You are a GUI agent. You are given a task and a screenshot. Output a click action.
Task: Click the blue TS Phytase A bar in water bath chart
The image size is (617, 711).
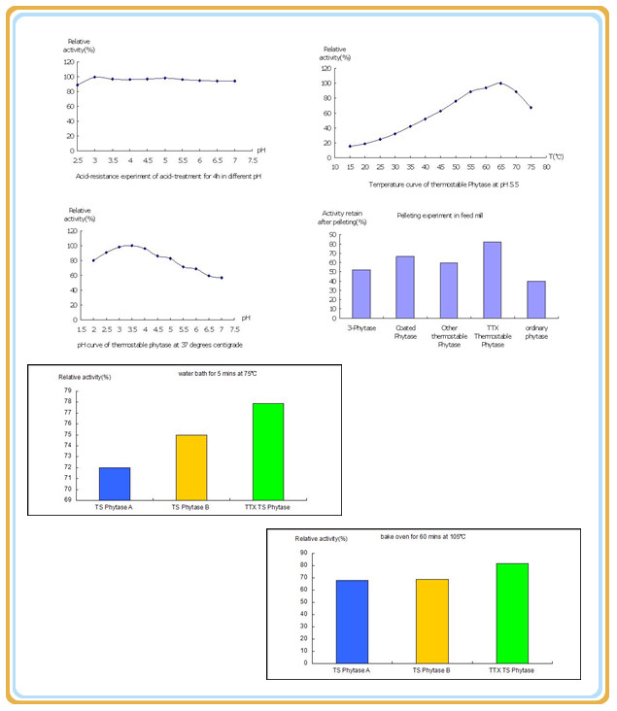click(x=115, y=483)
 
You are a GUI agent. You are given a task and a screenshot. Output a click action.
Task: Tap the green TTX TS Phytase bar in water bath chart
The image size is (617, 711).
click(x=267, y=451)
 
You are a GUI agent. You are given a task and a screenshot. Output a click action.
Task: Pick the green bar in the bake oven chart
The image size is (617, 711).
click(x=513, y=613)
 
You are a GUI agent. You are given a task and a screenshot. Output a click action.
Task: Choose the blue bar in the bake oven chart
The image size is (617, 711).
click(x=352, y=622)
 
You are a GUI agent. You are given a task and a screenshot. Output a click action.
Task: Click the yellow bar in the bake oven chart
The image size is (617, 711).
click(x=431, y=621)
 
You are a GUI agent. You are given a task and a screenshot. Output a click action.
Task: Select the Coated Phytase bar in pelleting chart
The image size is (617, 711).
click(x=405, y=288)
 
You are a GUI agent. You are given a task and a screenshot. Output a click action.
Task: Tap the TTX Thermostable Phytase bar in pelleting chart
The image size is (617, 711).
click(x=493, y=280)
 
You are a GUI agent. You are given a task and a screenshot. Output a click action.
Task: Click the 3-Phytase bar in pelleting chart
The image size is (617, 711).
click(x=361, y=294)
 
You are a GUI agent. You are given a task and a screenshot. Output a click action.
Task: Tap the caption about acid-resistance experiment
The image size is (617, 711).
click(x=168, y=177)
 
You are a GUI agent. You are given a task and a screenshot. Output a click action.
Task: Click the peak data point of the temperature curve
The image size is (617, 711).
click(x=500, y=84)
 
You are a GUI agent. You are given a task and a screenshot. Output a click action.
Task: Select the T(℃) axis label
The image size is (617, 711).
click(x=556, y=155)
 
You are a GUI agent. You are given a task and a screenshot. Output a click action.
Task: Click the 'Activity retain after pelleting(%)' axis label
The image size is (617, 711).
click(x=343, y=218)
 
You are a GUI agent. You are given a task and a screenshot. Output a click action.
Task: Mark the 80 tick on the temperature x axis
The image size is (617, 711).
click(x=546, y=168)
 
